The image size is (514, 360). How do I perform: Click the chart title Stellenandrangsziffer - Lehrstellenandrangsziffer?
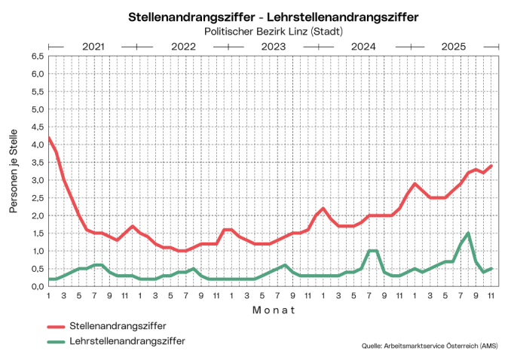pos(274,17)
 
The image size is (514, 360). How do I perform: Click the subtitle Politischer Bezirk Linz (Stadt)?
pos(274,31)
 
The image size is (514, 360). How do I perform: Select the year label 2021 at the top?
pos(93,47)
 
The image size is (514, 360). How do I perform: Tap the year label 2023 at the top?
pos(273,47)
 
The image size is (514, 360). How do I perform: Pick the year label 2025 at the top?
pos(453,47)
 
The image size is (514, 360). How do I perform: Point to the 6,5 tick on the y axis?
pos(36,56)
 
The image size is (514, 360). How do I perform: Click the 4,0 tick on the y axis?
pos(36,145)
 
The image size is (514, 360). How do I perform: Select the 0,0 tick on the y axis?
pos(36,286)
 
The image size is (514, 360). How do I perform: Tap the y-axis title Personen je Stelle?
pos(14,171)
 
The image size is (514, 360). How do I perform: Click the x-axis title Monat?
pos(273,310)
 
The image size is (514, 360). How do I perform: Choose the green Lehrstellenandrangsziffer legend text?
pos(127,341)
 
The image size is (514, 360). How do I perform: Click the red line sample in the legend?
pos(56,327)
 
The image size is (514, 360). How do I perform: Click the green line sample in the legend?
pos(56,342)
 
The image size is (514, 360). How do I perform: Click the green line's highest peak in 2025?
pos(468,233)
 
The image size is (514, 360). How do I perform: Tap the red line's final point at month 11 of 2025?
pos(491,166)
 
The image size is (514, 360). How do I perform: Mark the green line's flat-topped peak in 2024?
pos(372,251)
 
